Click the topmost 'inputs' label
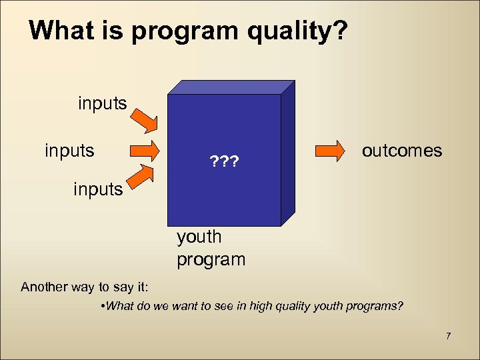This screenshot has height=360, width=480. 103,103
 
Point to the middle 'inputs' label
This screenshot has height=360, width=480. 69,150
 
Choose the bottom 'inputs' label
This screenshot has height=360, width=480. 98,189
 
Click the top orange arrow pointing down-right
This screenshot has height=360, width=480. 142,119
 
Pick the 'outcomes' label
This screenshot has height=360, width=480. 401,150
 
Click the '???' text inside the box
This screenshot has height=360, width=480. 225,162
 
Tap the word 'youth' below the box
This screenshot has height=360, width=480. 199,237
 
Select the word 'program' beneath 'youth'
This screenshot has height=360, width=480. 211,259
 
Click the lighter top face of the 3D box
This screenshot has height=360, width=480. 231,87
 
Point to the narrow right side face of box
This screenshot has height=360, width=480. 287,153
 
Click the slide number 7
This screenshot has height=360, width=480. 449,335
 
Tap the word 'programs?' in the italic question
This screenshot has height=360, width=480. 375,306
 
